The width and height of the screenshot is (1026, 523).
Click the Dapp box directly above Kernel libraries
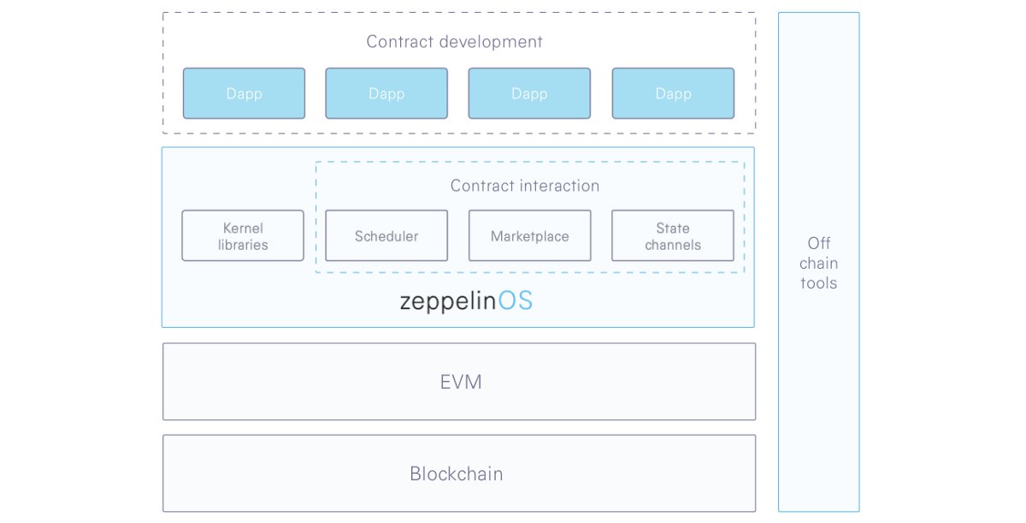click(245, 93)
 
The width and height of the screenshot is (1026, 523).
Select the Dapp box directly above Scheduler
click(386, 93)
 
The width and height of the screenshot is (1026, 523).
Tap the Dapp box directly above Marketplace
click(529, 93)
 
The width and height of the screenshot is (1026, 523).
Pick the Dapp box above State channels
click(674, 93)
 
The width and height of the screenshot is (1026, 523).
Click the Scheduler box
click(386, 235)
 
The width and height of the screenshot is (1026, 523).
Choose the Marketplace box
click(530, 235)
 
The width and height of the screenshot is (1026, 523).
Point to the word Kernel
click(243, 228)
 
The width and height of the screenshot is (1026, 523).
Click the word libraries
click(243, 245)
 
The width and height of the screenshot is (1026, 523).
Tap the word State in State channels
click(673, 228)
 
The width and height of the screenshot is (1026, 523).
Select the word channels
click(673, 245)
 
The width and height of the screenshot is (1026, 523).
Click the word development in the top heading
click(491, 42)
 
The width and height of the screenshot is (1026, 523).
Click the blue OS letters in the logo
click(516, 300)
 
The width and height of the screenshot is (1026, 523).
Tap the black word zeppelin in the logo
click(448, 302)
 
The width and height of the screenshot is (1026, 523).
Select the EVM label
click(461, 382)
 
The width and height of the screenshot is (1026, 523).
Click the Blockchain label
click(457, 473)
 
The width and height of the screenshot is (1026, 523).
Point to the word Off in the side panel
click(819, 243)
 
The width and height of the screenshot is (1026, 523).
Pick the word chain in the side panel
click(819, 263)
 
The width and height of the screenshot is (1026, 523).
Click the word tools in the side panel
click(819, 282)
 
